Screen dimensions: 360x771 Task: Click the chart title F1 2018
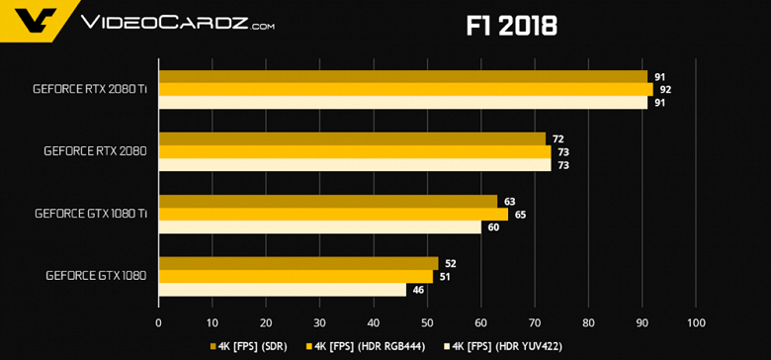511,25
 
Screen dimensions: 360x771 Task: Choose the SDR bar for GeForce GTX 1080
298,263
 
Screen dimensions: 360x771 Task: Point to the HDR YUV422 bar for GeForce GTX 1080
282,289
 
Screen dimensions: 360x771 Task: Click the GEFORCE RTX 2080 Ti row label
90,89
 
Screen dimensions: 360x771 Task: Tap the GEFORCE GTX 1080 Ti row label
90,214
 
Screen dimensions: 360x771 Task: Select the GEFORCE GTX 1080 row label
96,276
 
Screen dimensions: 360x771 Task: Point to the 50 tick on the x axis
427,322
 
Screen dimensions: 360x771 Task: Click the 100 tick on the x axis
696,322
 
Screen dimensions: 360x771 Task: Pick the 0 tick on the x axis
158,322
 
